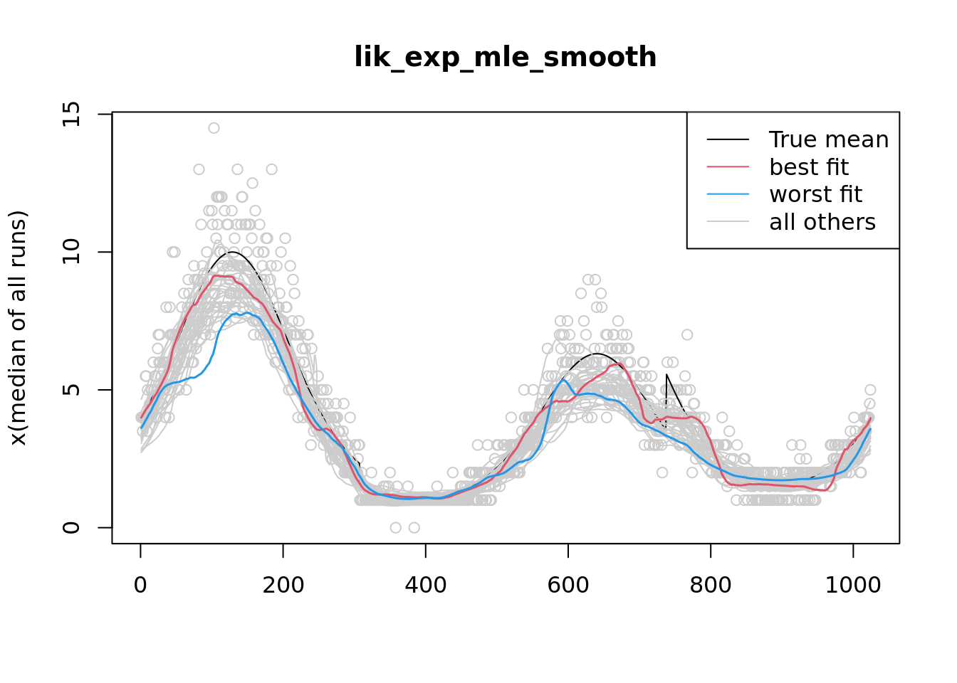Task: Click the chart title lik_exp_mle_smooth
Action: pos(505,57)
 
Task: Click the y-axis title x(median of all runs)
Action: pos(19,328)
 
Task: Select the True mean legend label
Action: pos(828,139)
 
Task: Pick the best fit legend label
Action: pos(808,167)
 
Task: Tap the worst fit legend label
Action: pos(815,194)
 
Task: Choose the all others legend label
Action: pos(822,222)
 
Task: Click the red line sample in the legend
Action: pos(728,167)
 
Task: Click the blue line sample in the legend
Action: pos(728,194)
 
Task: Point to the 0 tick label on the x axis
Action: pos(140,585)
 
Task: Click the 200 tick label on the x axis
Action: pos(283,585)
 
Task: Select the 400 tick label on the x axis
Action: pos(425,585)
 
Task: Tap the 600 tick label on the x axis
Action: pos(568,585)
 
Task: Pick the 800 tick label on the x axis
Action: pos(711,585)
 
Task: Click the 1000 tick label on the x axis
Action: pos(853,585)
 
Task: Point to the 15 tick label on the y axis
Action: pos(72,114)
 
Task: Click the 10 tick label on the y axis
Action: pos(72,252)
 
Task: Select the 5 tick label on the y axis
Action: pos(72,390)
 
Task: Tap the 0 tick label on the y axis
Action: pos(72,527)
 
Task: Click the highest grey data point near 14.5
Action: pos(214,128)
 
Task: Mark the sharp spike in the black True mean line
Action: pos(666,374)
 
